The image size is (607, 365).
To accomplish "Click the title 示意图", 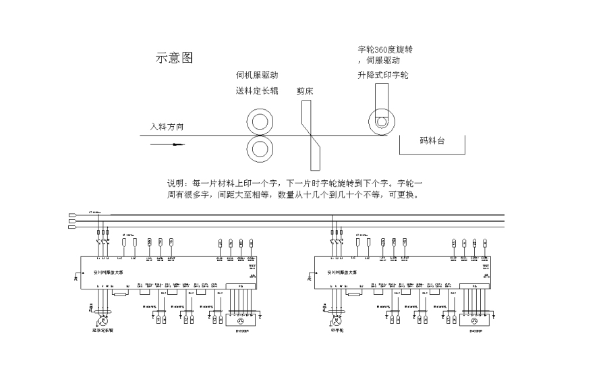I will (x=175, y=58).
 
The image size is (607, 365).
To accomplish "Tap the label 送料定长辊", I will (x=257, y=90).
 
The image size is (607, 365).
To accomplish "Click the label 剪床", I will (x=305, y=90).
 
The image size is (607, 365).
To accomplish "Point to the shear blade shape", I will (x=311, y=135).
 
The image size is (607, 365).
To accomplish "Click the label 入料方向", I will (x=167, y=126).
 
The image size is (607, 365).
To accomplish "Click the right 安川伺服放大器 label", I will (x=343, y=273).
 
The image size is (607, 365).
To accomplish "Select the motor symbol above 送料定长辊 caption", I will (x=104, y=318).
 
